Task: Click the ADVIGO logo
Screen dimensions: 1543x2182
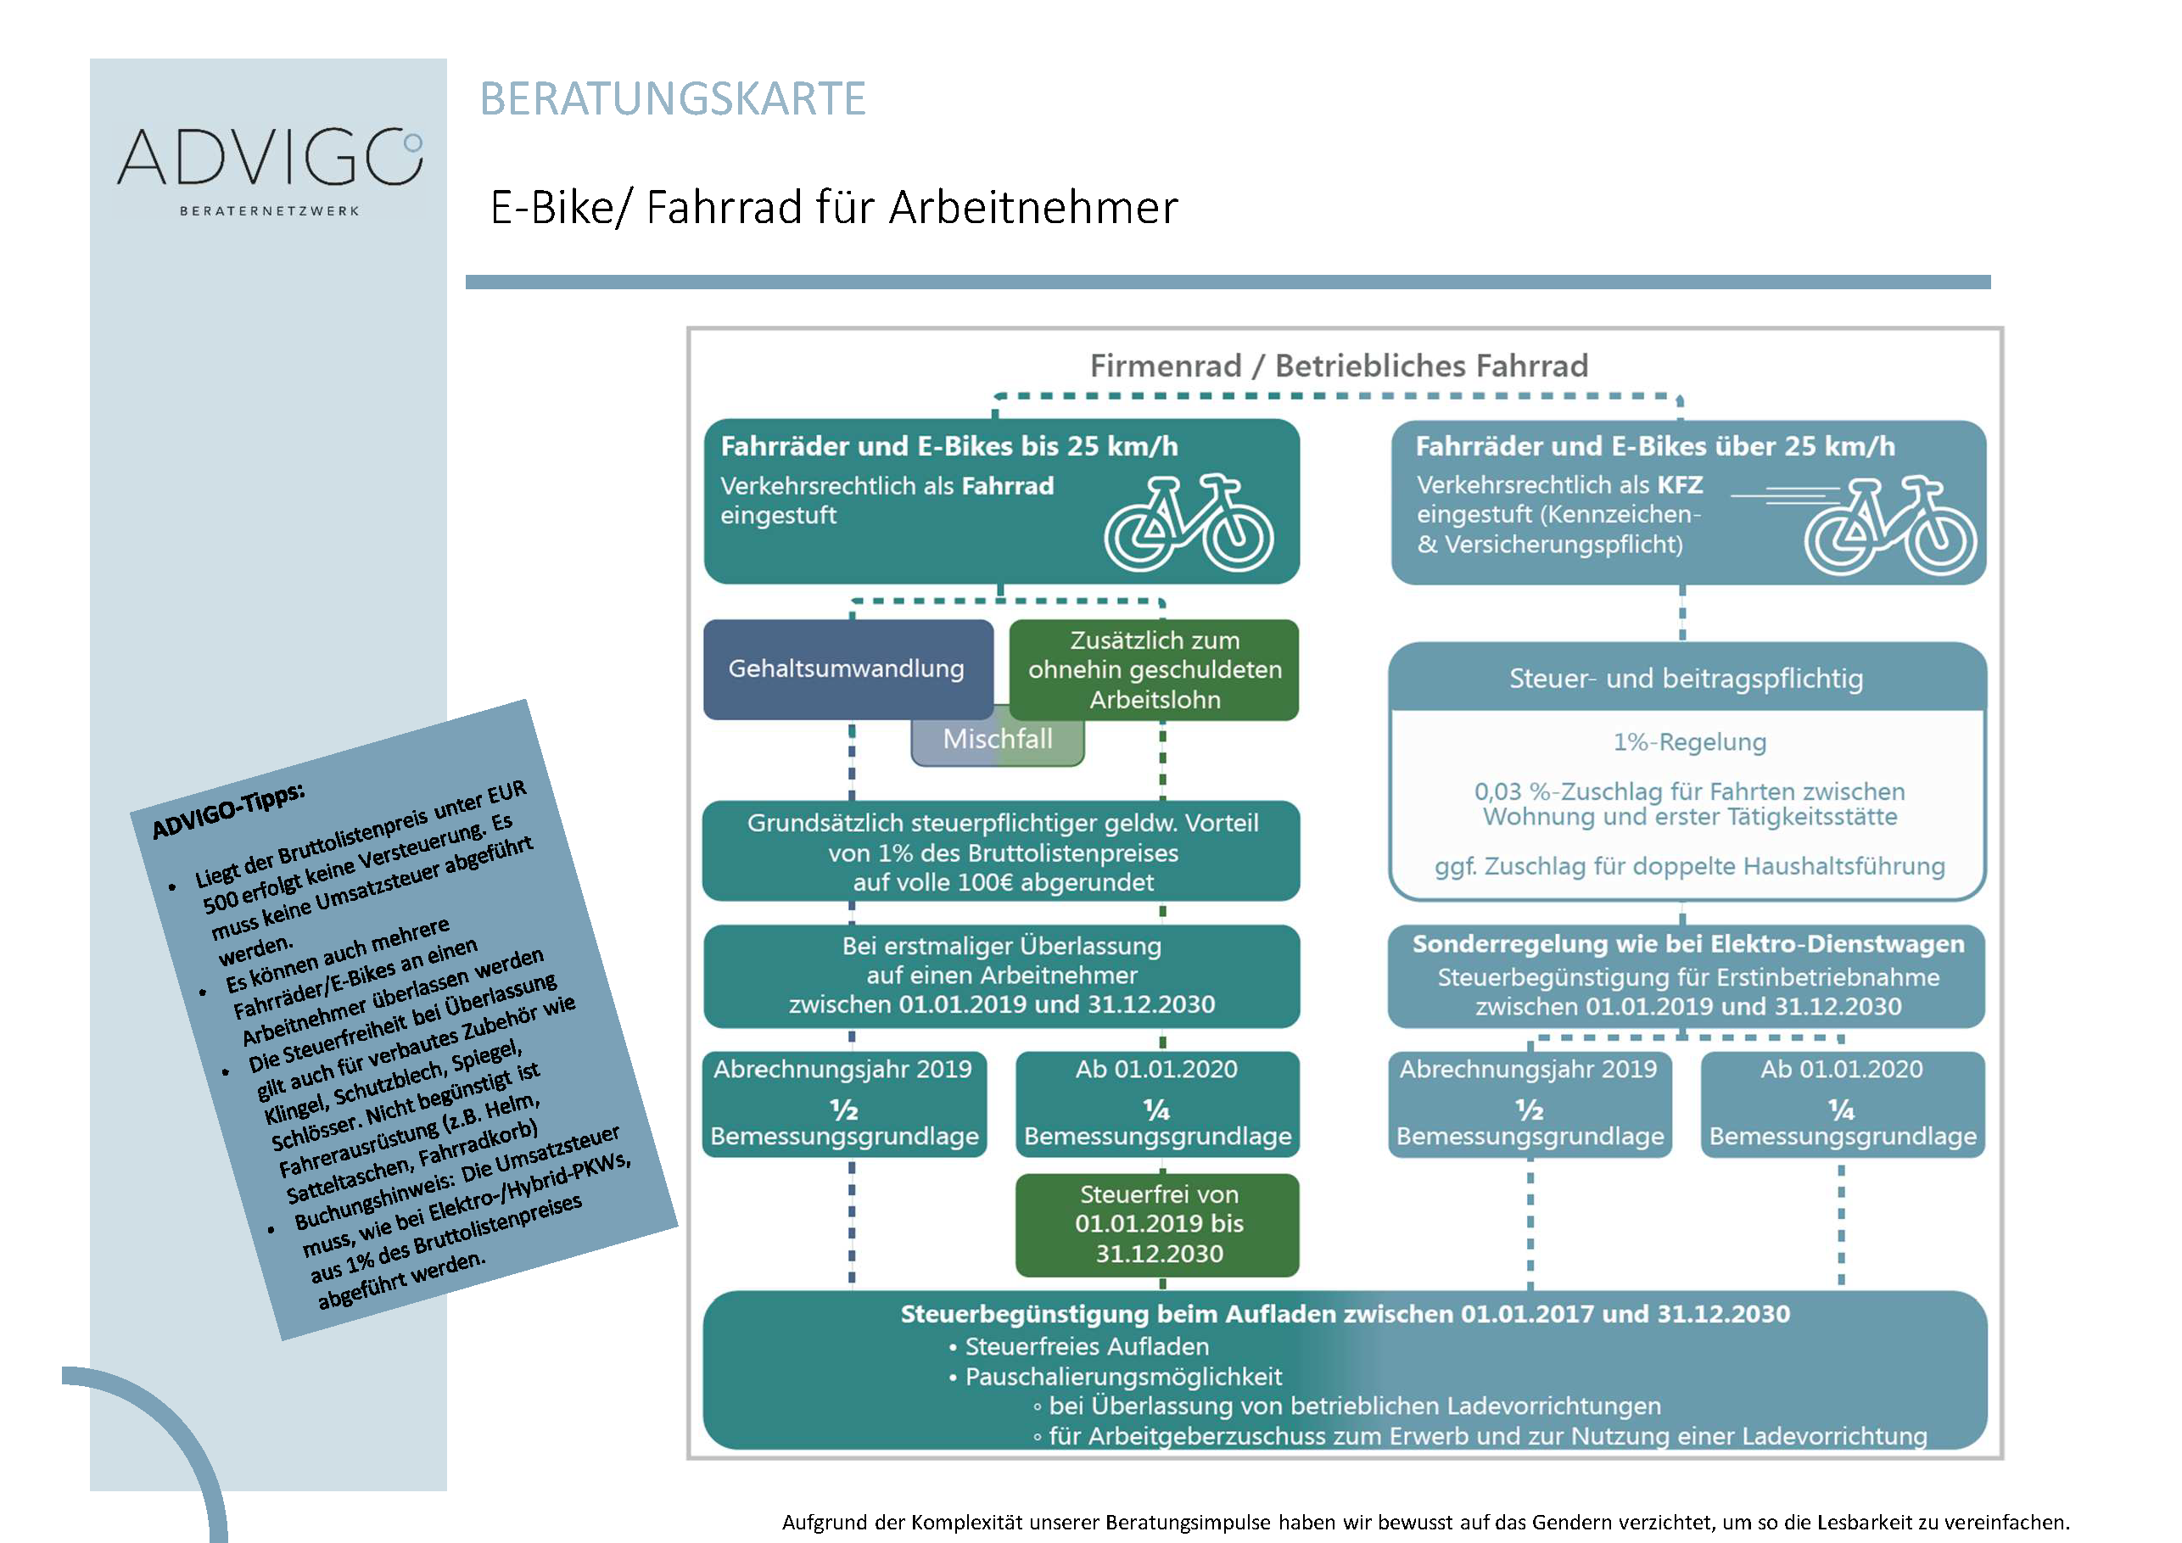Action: point(269,158)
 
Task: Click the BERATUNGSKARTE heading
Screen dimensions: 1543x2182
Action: point(673,98)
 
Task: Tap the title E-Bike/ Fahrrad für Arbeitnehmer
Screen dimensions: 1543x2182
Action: point(833,207)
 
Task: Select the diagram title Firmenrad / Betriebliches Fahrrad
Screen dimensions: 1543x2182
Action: point(1338,366)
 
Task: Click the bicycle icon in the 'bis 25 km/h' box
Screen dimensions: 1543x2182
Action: point(1188,524)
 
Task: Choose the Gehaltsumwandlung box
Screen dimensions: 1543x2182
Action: point(846,669)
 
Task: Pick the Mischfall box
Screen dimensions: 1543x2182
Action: point(997,741)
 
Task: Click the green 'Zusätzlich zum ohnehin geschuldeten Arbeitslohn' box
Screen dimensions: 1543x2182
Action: point(1154,670)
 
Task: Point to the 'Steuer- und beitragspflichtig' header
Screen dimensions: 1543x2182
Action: point(1686,679)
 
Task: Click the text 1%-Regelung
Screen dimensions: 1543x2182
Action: point(1689,742)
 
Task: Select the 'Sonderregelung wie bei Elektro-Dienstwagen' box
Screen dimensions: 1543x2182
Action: point(1687,975)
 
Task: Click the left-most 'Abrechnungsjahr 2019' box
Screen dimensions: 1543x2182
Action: point(844,1102)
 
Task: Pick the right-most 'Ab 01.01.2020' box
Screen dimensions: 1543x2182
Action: point(1842,1102)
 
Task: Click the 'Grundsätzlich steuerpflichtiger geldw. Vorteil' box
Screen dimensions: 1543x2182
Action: point(1002,853)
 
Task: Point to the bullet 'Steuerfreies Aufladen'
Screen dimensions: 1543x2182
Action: point(1086,1346)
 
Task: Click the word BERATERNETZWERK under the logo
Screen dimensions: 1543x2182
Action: point(269,211)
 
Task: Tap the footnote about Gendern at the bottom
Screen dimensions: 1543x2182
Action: point(1424,1522)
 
